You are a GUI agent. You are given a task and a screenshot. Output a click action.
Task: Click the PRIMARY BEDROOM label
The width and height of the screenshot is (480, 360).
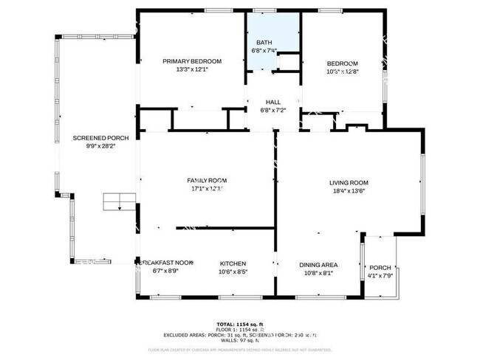coord(192,63)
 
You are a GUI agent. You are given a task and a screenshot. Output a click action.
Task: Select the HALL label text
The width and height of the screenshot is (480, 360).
coord(272,103)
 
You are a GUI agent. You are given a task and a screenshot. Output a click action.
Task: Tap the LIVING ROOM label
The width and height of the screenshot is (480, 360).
coord(349,183)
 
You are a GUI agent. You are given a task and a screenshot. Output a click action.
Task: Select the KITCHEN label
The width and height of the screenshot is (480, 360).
coord(233,263)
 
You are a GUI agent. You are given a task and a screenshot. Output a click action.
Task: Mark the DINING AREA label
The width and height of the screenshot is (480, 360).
coord(318,265)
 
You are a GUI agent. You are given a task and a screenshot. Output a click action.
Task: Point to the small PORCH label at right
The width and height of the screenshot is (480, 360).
coord(380,268)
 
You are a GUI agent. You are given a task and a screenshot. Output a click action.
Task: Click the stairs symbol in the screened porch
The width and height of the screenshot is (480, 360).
coord(119,201)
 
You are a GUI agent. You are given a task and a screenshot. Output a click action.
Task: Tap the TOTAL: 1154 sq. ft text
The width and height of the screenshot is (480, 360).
coord(240,324)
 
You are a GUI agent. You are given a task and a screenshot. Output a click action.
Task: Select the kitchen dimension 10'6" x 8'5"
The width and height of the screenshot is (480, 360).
coord(233,271)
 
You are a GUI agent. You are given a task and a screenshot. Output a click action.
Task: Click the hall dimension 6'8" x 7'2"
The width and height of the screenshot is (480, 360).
coord(272,111)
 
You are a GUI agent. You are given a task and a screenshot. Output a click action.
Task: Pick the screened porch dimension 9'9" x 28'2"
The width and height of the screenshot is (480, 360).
coord(101,146)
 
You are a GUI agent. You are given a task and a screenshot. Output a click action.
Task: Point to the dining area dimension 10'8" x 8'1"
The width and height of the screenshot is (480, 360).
coord(318,273)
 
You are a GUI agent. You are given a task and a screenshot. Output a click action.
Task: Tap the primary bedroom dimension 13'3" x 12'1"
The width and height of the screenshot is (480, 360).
coord(192,70)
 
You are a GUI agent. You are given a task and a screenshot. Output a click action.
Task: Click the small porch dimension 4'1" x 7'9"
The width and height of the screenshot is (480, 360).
coord(380,276)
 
